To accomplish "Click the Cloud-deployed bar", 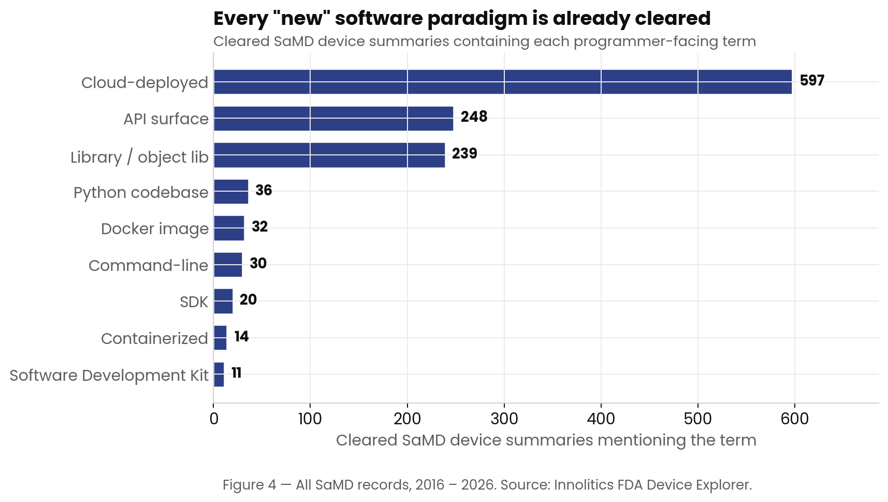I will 502,82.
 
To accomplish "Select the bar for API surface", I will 333,119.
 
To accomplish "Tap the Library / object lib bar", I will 329,155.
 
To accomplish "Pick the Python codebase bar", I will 230,192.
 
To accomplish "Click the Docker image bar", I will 228,228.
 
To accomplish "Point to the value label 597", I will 811,81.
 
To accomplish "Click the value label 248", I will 474,117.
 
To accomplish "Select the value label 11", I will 237,373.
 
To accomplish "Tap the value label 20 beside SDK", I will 248,300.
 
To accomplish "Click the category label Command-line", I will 148,265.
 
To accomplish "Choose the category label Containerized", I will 154,338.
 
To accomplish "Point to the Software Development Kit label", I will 109,375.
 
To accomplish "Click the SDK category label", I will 194,302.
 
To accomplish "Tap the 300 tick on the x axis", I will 504,419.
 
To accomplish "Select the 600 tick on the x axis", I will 794,419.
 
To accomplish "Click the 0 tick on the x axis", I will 214,419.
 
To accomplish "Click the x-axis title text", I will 546,440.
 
